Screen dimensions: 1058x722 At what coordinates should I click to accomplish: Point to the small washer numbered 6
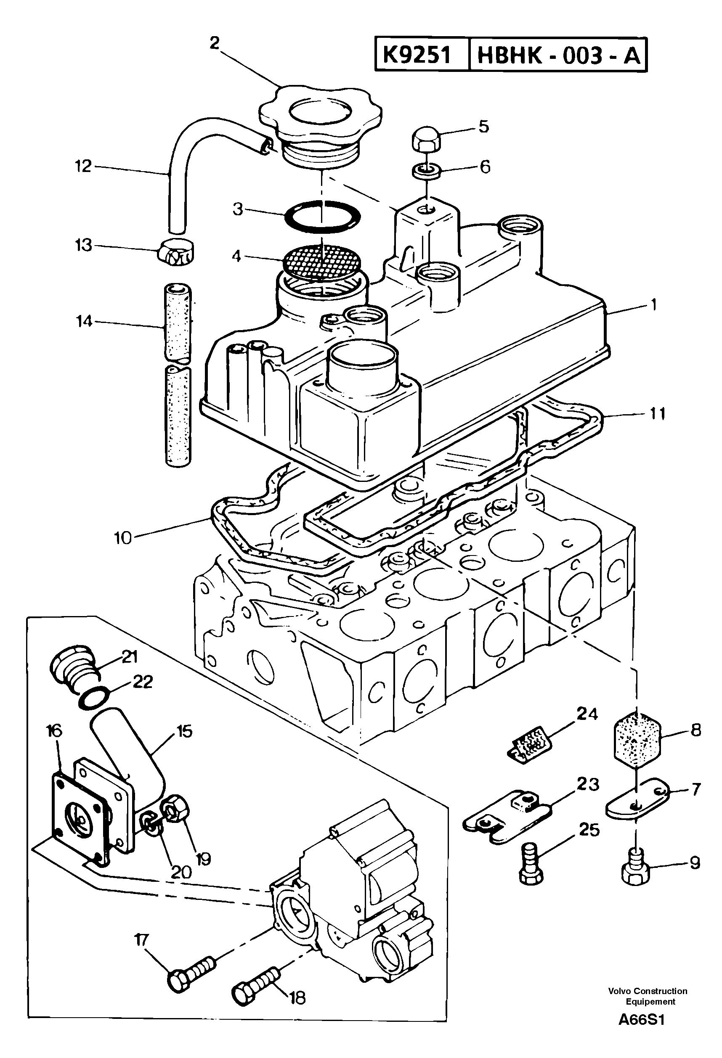pyautogui.click(x=426, y=172)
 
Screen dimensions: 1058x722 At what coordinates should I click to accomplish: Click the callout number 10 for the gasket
pyautogui.click(x=122, y=538)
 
